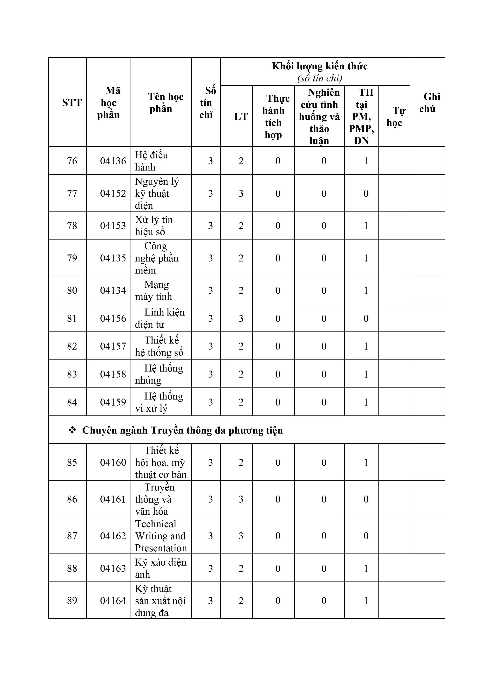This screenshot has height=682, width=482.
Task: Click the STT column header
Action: pos(72,102)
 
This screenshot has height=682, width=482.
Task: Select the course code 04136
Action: pos(113,161)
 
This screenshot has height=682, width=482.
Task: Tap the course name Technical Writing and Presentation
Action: pos(160,536)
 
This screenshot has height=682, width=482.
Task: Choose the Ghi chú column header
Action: pos(427,102)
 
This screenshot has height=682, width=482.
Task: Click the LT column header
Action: pos(241,116)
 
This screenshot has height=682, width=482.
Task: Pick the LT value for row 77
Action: pos(241,193)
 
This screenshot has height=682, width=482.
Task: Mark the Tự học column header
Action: pos(394,116)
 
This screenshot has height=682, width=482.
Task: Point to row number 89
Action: pos(72,600)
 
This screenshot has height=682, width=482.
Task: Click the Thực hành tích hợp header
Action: pos(273,116)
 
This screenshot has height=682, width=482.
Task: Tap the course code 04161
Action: pos(113,499)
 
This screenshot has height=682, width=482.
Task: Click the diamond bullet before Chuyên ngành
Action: pos(72,430)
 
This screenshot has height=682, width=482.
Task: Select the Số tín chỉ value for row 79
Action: pos(210,258)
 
